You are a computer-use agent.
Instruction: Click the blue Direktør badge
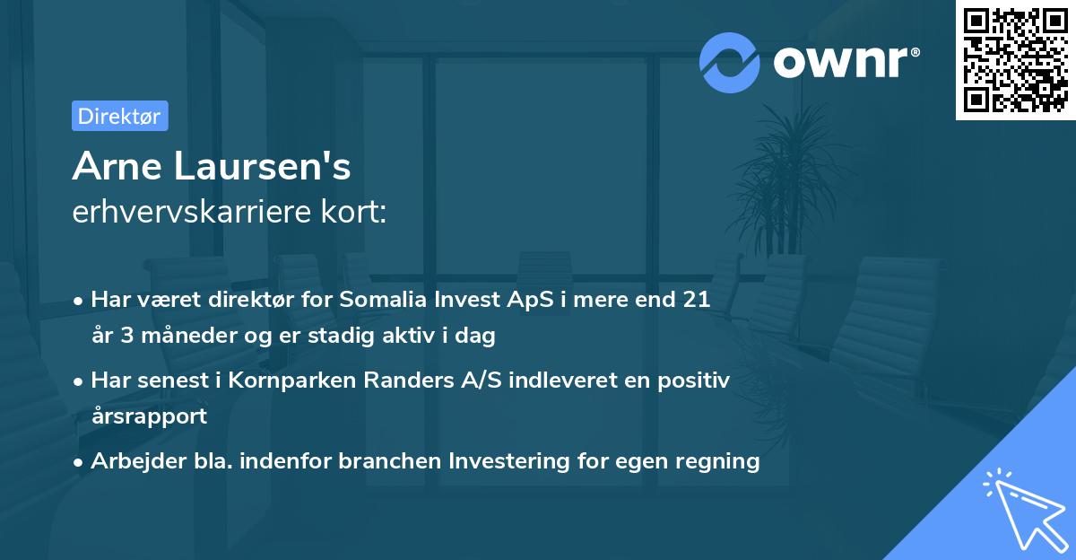click(119, 116)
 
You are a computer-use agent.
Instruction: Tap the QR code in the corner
click(1015, 60)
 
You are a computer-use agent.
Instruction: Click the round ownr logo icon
click(730, 63)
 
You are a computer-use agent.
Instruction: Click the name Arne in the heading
click(118, 166)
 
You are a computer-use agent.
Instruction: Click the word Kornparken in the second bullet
click(286, 381)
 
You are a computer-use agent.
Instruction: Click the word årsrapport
click(149, 416)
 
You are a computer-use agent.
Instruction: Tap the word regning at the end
click(718, 461)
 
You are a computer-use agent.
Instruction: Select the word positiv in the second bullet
click(698, 381)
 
